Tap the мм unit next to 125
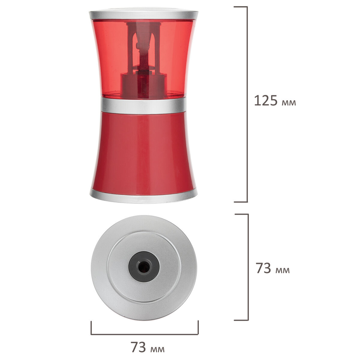(x=289, y=103)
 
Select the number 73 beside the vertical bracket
(x=263, y=268)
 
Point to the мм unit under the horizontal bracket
(x=157, y=344)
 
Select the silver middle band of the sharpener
(x=143, y=106)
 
